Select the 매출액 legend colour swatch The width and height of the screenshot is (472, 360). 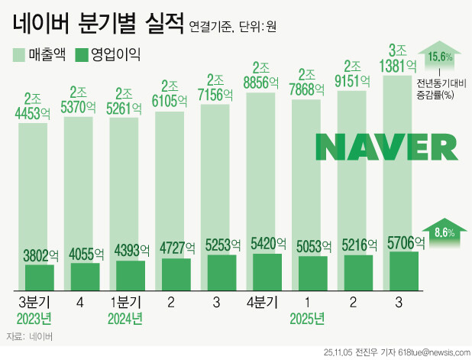coord(19,54)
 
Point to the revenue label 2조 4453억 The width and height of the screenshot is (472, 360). coord(39,107)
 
